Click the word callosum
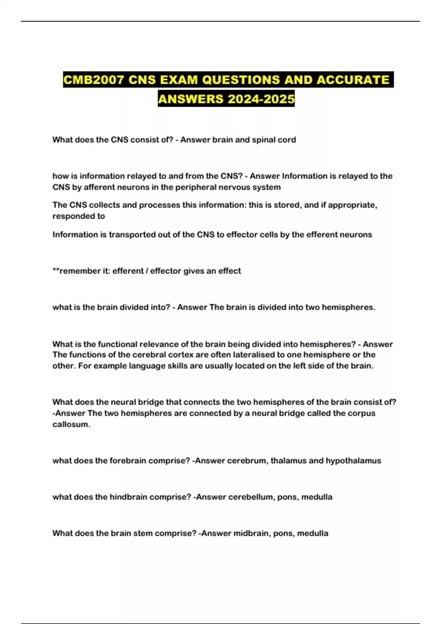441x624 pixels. pyautogui.click(x=71, y=424)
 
